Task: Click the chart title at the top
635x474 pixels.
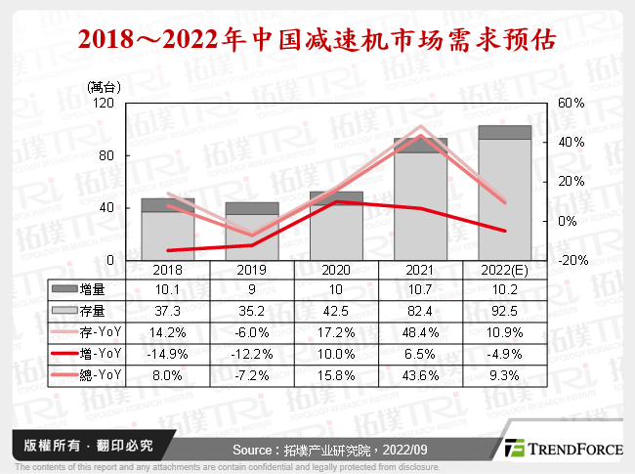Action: click(317, 41)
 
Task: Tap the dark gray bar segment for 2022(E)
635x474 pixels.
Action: click(504, 132)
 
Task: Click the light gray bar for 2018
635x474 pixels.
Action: click(168, 237)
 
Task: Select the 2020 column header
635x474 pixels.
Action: click(336, 269)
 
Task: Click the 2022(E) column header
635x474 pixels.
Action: click(504, 269)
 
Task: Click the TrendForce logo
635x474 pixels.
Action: click(562, 450)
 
